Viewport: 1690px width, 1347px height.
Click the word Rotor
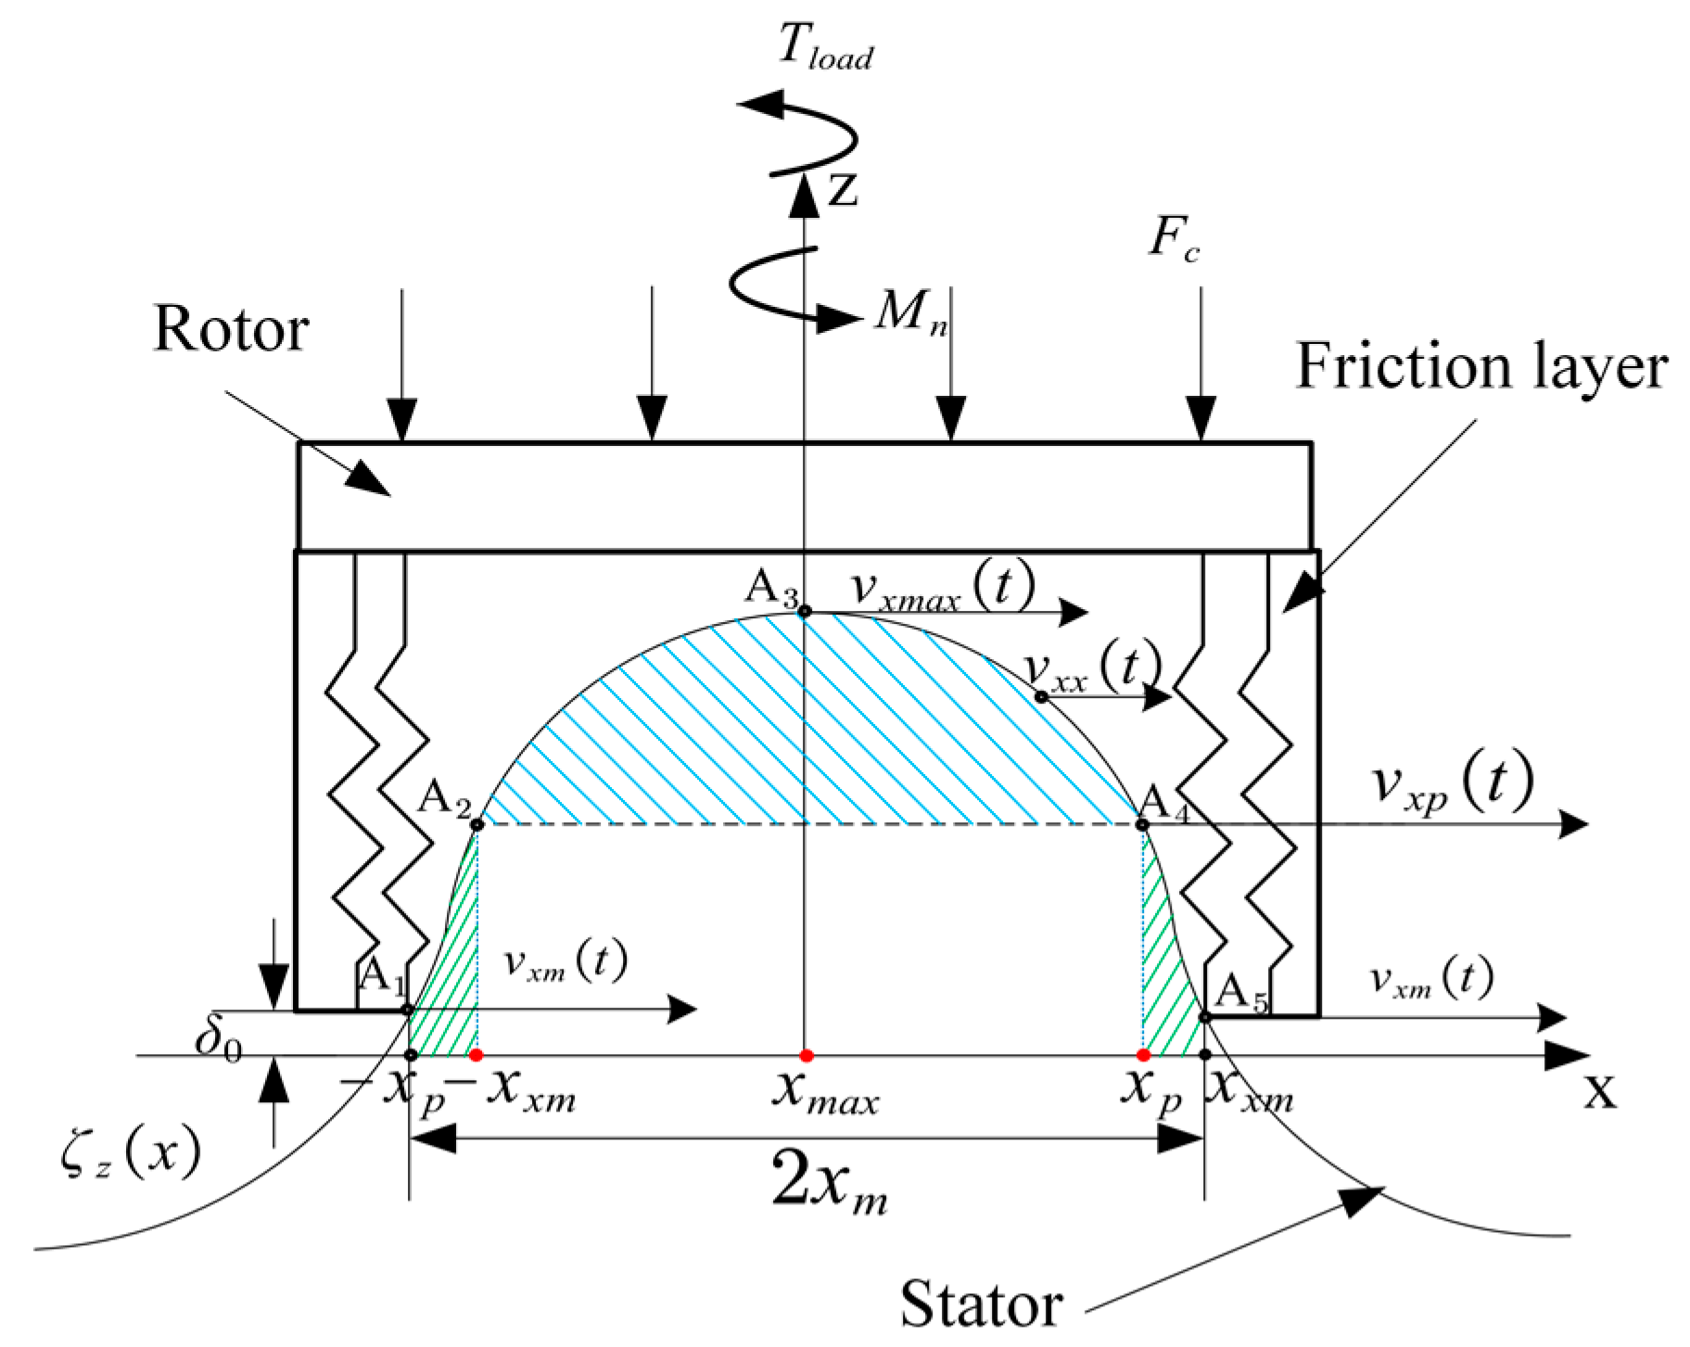click(x=230, y=328)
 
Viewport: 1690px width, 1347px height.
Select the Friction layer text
click(x=1480, y=366)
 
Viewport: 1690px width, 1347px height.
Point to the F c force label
click(x=1174, y=238)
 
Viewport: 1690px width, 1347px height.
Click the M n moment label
click(x=910, y=311)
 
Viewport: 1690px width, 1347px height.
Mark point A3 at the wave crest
click(x=805, y=611)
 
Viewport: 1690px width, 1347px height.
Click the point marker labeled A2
click(x=477, y=824)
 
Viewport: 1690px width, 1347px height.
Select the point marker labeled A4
click(x=1142, y=824)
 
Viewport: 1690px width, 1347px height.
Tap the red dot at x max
click(x=806, y=1055)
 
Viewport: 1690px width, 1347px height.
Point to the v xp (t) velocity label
click(x=1452, y=783)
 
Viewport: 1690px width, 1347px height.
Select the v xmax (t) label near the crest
click(x=942, y=588)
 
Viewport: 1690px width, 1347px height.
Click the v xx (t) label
click(x=1093, y=666)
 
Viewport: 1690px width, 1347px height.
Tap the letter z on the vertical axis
click(x=842, y=189)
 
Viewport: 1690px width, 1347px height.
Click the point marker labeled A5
click(x=1205, y=1017)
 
